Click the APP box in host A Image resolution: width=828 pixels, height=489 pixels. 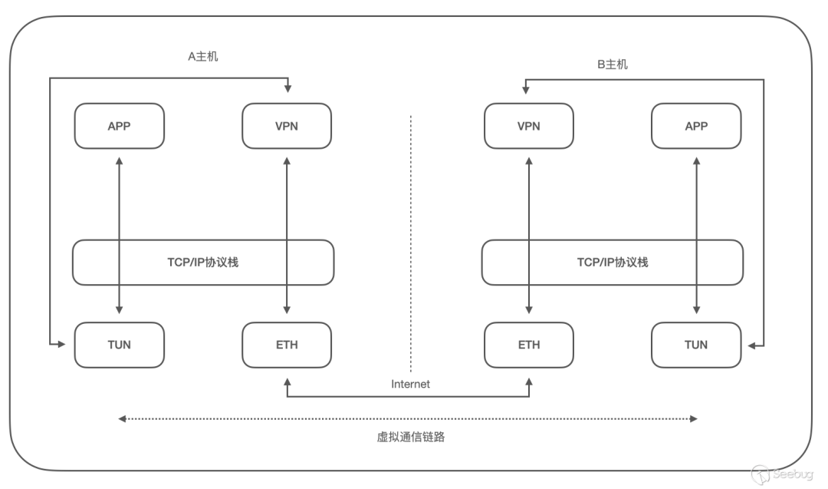pyautogui.click(x=119, y=127)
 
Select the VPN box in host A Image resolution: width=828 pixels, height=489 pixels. pyautogui.click(x=287, y=127)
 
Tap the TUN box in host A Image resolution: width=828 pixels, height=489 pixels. pyautogui.click(x=119, y=345)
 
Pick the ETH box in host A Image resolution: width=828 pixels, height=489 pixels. pyautogui.click(x=287, y=345)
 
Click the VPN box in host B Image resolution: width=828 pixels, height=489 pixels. pyautogui.click(x=529, y=127)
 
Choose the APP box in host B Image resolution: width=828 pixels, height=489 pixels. pyautogui.click(x=696, y=127)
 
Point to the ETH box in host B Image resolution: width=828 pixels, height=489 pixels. pyautogui.click(x=529, y=345)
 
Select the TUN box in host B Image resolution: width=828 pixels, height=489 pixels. pyautogui.click(x=696, y=345)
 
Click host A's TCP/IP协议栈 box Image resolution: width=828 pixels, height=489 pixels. pyautogui.click(x=202, y=262)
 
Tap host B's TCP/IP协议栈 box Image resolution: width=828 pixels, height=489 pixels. pyautogui.click(x=612, y=262)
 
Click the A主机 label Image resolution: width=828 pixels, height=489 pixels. pyautogui.click(x=202, y=56)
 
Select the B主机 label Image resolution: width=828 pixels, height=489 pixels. pyautogui.click(x=612, y=64)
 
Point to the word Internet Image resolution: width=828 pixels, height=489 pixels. pyautogui.click(x=410, y=384)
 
